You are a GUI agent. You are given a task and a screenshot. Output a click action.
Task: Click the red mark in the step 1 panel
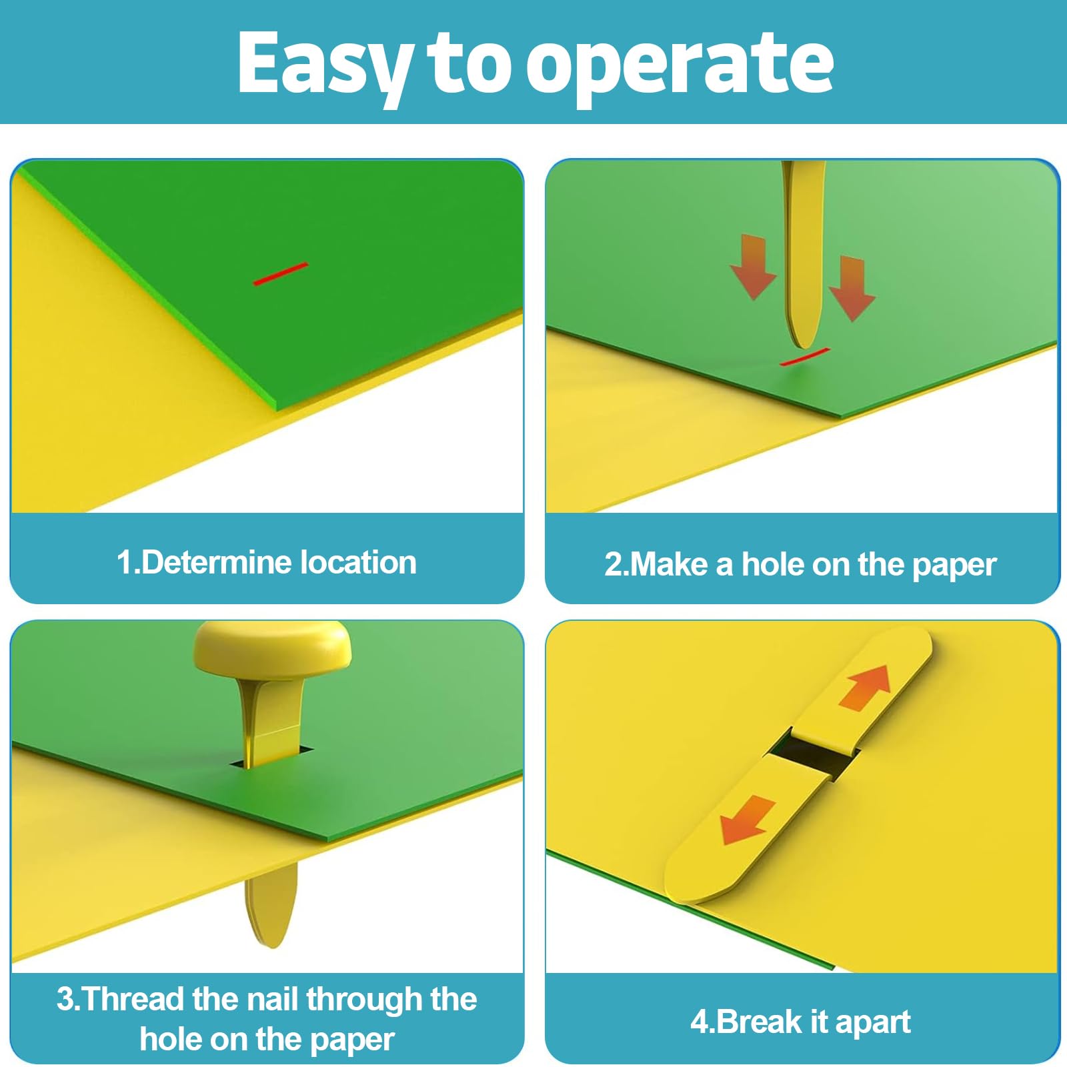(280, 273)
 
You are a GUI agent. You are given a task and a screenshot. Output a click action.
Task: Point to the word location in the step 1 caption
(358, 562)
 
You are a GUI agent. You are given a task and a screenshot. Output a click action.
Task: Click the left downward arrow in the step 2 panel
(754, 266)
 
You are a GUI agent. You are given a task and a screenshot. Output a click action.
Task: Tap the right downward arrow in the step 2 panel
(852, 288)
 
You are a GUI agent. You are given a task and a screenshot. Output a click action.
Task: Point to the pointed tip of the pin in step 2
(805, 348)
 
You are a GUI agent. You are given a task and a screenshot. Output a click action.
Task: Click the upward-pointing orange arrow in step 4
(866, 687)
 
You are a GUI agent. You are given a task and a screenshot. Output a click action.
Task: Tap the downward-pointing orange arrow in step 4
(748, 820)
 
